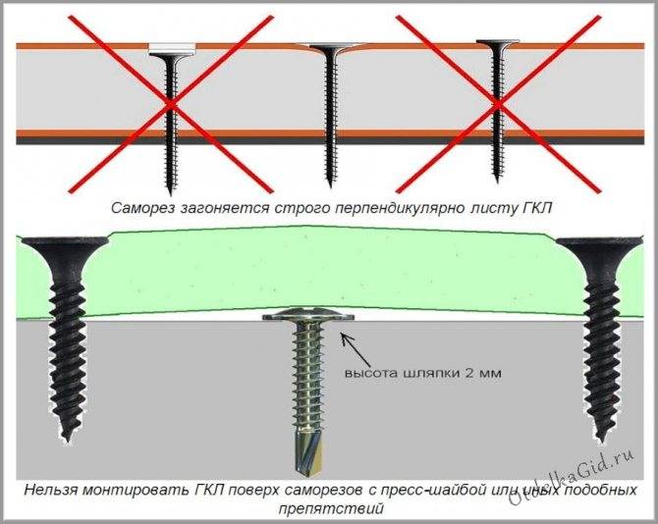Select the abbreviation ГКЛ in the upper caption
(534, 208)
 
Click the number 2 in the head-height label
(467, 373)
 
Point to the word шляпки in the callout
(431, 373)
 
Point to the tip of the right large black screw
(601, 440)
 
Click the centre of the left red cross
(171, 104)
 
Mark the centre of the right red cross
(498, 104)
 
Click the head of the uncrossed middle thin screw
(331, 47)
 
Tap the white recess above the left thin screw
(173, 48)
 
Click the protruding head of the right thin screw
(498, 43)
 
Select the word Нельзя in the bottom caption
(50, 490)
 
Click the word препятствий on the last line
(331, 508)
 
